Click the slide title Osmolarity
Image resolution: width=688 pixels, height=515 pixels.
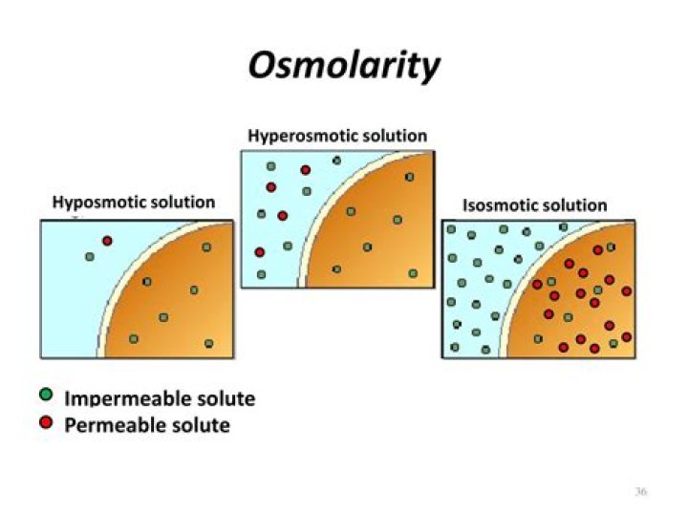pyautogui.click(x=344, y=66)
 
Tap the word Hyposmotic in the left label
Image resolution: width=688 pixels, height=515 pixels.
pyautogui.click(x=93, y=203)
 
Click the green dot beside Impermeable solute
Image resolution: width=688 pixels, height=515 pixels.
pyautogui.click(x=45, y=396)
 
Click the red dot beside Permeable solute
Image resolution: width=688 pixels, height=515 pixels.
pyautogui.click(x=45, y=421)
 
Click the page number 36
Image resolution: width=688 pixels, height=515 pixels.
pyautogui.click(x=640, y=491)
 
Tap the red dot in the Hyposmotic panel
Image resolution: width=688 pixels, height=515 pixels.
pyautogui.click(x=107, y=240)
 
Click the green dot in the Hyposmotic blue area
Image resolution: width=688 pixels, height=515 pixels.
pyautogui.click(x=89, y=256)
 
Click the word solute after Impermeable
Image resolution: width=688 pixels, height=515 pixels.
pyautogui.click(x=225, y=399)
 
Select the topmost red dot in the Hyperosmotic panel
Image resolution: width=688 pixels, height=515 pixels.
pyautogui.click(x=306, y=170)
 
